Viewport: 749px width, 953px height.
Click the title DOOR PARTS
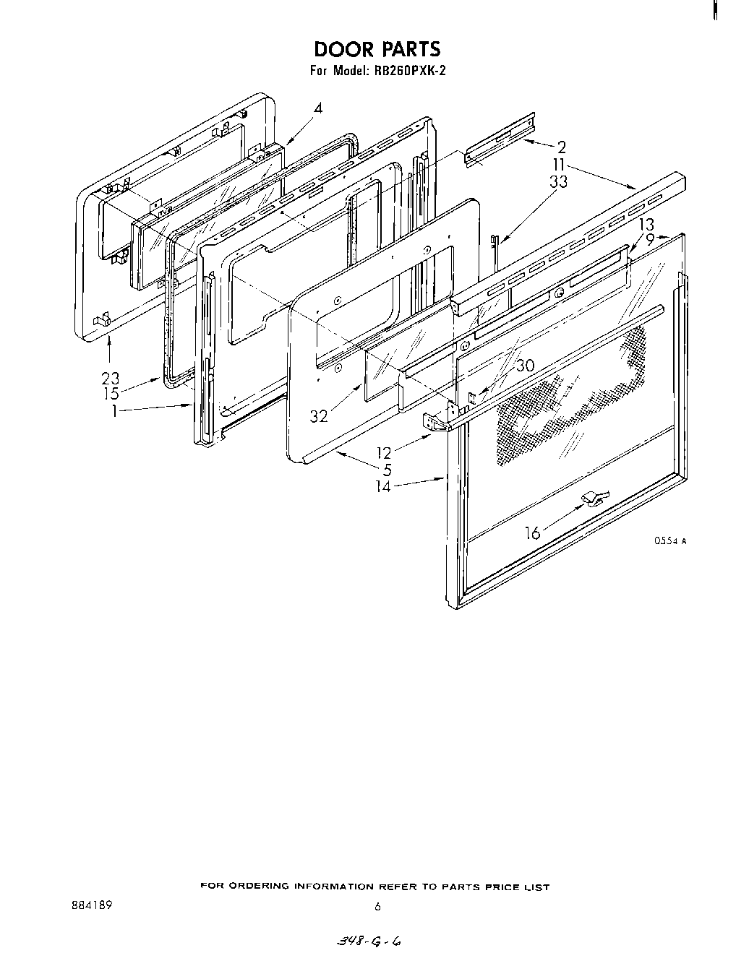pyautogui.click(x=377, y=49)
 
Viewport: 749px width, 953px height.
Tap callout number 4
pyautogui.click(x=317, y=108)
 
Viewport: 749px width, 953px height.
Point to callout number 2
pyautogui.click(x=561, y=148)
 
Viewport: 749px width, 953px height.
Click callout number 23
pyautogui.click(x=110, y=379)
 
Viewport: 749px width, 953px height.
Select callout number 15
pyautogui.click(x=110, y=394)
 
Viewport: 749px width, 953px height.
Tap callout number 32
pyautogui.click(x=319, y=416)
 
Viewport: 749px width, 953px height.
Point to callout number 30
pyautogui.click(x=525, y=366)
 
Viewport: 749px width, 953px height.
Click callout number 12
pyautogui.click(x=383, y=453)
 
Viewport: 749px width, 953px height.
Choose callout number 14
pyautogui.click(x=383, y=486)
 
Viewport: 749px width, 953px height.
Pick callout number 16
pyautogui.click(x=532, y=533)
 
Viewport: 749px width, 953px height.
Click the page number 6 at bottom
pyautogui.click(x=377, y=907)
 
